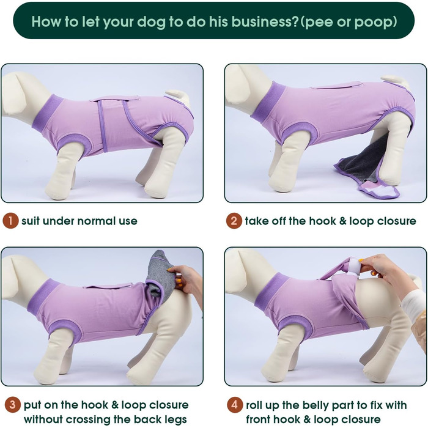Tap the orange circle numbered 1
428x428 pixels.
pos(10,221)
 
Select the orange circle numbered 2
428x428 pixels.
pos(234,221)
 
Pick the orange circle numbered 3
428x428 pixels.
pos(13,405)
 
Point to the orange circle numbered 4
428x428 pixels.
pos(234,405)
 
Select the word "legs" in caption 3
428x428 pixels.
pos(175,419)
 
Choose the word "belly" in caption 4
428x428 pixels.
pos(315,405)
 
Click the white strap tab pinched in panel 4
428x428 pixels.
pos(355,265)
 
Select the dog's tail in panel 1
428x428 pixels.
pos(179,97)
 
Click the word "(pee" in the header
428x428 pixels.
pos(317,22)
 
